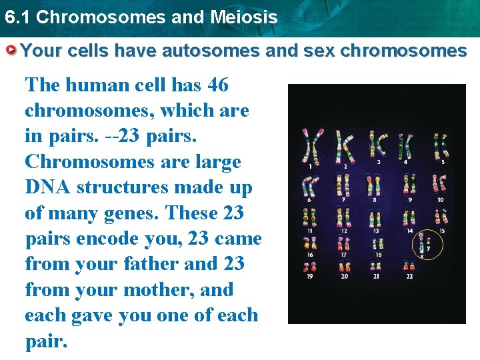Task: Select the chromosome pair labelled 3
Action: tap(379, 144)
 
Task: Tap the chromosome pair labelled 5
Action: tap(440, 145)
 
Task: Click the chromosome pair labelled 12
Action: tap(344, 218)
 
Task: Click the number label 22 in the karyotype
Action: tap(409, 276)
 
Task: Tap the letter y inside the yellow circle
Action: tap(429, 247)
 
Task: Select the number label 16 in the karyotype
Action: tap(311, 255)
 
